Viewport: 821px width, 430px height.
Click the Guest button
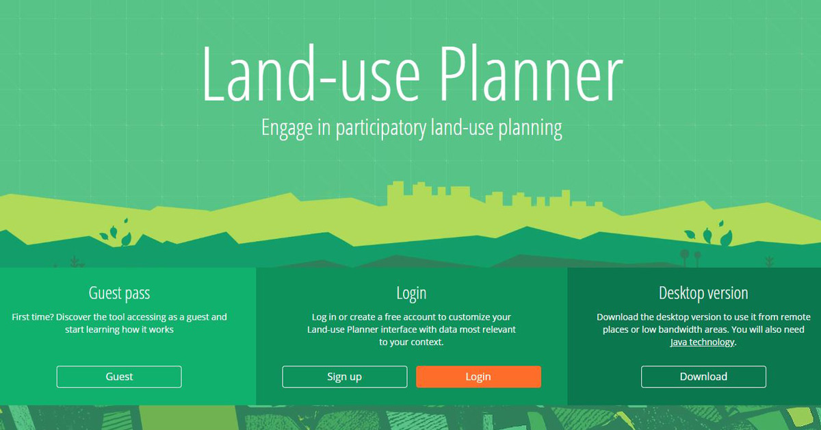[x=119, y=377]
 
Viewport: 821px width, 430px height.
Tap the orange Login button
[x=478, y=377]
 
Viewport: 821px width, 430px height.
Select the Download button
[x=703, y=377]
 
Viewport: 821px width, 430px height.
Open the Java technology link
[x=702, y=342]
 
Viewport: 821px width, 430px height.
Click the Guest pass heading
[x=119, y=293]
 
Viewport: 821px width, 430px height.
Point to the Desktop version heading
[x=703, y=293]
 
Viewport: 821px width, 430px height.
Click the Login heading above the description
[x=411, y=294]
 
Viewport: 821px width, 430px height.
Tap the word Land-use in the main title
[x=311, y=73]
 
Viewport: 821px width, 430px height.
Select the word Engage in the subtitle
[x=287, y=129]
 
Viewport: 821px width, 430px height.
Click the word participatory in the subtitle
[x=381, y=129]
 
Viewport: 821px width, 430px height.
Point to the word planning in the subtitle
[x=530, y=129]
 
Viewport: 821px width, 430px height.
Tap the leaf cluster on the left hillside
[x=116, y=232]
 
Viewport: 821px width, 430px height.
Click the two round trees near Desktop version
[x=691, y=257]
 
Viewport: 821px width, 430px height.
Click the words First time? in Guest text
[x=32, y=317]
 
